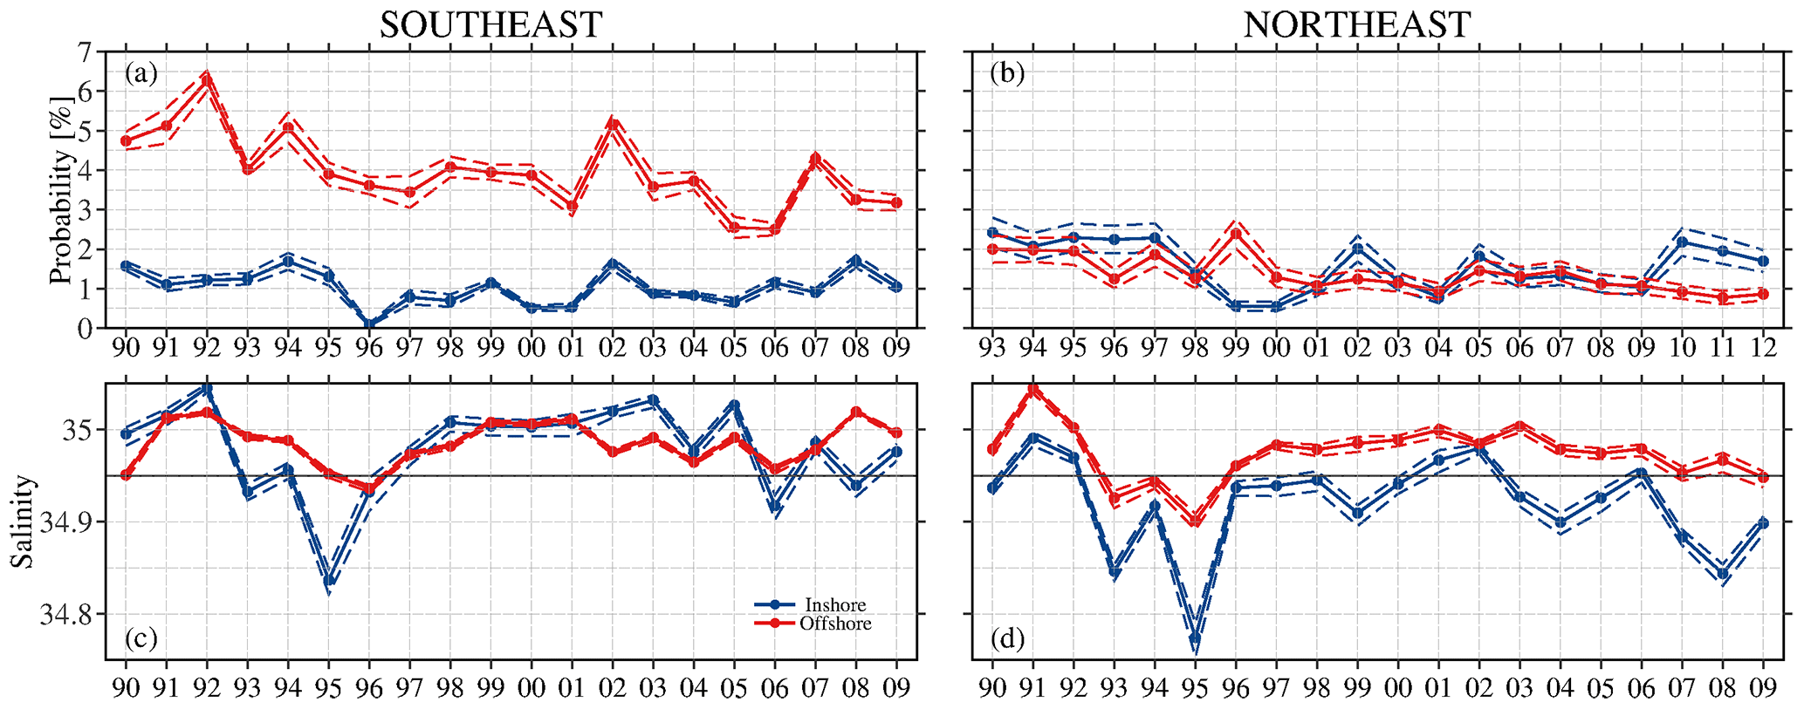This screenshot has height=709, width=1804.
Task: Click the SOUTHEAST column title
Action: (x=490, y=24)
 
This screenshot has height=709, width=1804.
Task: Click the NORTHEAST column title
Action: (x=1357, y=24)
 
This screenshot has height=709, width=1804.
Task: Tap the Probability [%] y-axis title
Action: (x=59, y=189)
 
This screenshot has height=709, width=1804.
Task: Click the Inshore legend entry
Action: (x=834, y=605)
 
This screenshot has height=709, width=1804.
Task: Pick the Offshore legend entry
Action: (x=834, y=624)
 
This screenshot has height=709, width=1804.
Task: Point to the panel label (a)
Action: (x=141, y=73)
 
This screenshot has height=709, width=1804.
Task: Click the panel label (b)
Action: (x=1006, y=73)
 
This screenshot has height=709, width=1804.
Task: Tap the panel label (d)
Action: (x=1006, y=639)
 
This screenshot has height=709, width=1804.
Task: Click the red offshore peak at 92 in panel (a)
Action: (x=207, y=78)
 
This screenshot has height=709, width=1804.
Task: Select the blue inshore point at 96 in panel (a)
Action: (x=369, y=325)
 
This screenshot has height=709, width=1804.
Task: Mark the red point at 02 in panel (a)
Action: (x=613, y=124)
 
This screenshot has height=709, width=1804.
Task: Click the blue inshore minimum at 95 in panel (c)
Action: (x=329, y=580)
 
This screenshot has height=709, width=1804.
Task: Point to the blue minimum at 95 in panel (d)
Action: (x=1195, y=639)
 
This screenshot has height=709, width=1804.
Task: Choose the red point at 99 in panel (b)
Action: (x=1235, y=234)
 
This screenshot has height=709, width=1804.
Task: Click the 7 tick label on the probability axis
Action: (x=85, y=52)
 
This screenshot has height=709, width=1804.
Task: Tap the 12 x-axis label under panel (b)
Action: (x=1762, y=347)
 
